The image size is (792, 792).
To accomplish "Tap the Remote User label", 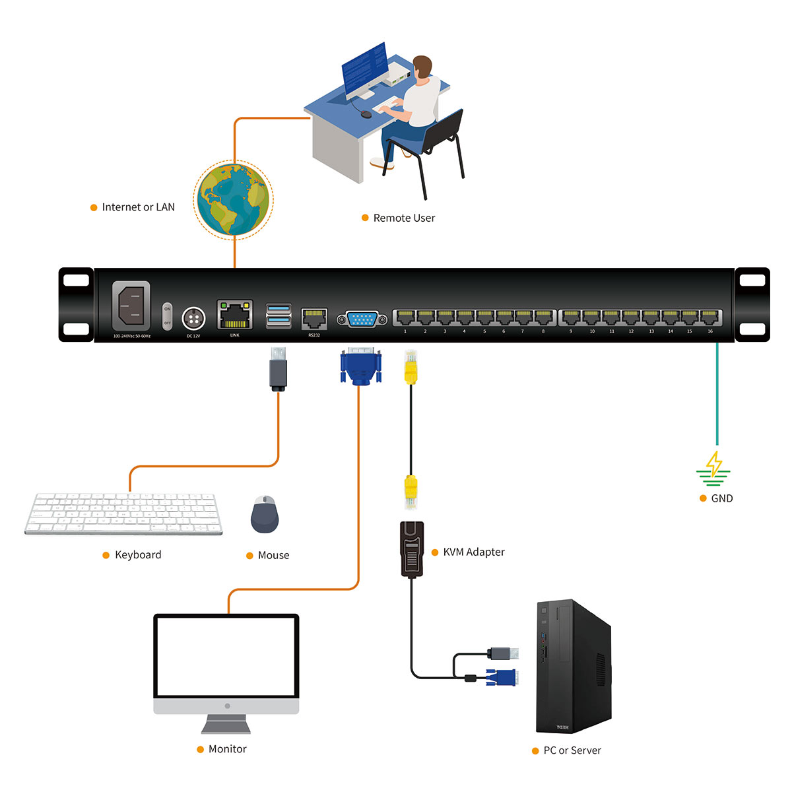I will tap(404, 218).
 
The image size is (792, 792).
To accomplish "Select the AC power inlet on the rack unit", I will tap(131, 306).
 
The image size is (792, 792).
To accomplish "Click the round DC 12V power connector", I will tap(193, 319).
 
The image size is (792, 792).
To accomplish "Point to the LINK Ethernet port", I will tap(234, 315).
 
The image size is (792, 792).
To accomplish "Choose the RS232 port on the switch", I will tap(314, 319).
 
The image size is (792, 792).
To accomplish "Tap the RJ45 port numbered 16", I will tap(710, 317).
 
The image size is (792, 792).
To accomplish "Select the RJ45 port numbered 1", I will tap(405, 317).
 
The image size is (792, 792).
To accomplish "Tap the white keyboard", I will tap(123, 513).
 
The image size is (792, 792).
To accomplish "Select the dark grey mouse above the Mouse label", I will tap(265, 515).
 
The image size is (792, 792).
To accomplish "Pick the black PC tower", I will tap(572, 667).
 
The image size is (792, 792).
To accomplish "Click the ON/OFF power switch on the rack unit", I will tap(167, 316).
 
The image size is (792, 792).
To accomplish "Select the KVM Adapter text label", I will tap(474, 552).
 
